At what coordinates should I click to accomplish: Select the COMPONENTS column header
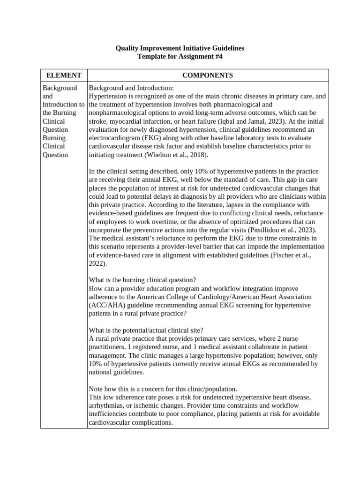click(x=207, y=75)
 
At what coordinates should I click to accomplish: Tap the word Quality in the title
click(x=127, y=48)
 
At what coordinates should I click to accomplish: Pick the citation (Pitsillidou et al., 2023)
click(x=277, y=230)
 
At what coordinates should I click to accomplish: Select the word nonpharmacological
click(x=119, y=113)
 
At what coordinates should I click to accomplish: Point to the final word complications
click(x=153, y=422)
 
